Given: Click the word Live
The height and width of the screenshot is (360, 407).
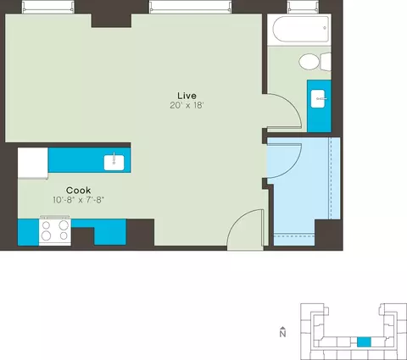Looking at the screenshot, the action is (x=187, y=96).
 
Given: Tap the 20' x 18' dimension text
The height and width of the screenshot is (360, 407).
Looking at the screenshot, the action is (x=187, y=105).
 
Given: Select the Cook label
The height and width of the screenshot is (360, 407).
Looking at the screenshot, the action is (x=79, y=190).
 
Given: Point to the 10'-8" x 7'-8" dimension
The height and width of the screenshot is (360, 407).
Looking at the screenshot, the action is (x=79, y=200).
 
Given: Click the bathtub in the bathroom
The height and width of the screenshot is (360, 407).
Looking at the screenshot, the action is (x=301, y=29).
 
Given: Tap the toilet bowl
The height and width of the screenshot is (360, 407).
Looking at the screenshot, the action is (x=309, y=62).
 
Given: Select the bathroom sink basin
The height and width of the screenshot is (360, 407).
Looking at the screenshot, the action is (x=319, y=98).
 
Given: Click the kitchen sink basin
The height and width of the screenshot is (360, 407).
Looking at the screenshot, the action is (x=114, y=163).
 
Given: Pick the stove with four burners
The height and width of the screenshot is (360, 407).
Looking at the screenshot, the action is (x=55, y=231).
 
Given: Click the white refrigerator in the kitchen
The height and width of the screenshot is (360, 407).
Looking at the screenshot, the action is (x=33, y=163).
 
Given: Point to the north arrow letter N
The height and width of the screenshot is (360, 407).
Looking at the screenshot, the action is (x=282, y=334).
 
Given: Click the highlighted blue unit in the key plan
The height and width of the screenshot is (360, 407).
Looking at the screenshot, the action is (x=364, y=342).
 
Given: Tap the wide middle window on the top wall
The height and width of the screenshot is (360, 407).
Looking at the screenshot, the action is (x=190, y=7).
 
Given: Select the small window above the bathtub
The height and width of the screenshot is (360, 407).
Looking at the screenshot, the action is (x=304, y=7).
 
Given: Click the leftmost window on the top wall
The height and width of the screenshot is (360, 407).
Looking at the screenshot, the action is (x=48, y=7).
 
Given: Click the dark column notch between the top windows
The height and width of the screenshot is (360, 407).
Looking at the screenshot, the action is (x=111, y=20).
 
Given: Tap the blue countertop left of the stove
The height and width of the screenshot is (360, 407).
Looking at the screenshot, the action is (x=28, y=232).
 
